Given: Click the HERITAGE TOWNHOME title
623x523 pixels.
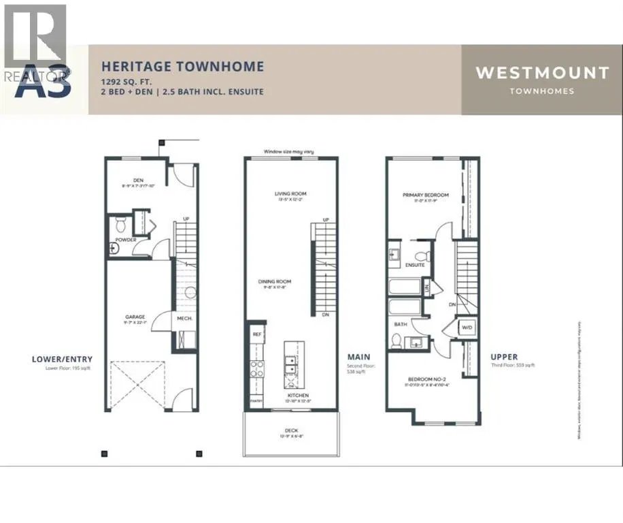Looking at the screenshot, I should click(182, 67).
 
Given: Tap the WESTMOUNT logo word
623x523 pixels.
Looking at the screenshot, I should click(541, 73).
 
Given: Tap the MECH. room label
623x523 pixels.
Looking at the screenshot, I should click(183, 318).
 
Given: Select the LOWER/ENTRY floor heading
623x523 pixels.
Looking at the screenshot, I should click(62, 359).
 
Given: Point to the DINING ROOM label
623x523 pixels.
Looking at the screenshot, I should click(275, 281).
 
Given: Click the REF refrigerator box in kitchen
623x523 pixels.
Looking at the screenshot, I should click(257, 334).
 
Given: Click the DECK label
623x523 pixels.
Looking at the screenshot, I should click(290, 430).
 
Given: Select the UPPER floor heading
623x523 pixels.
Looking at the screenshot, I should click(504, 357).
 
